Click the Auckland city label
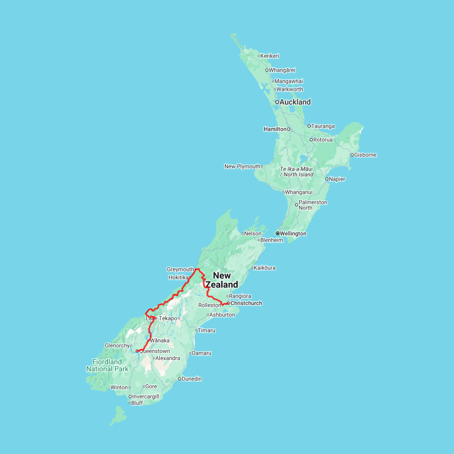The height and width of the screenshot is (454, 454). [x=296, y=102]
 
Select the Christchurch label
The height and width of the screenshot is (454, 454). [x=246, y=303]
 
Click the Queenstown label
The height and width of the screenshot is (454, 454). [x=154, y=351]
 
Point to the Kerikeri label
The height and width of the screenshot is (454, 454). [x=270, y=56]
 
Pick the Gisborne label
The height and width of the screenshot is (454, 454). [x=365, y=155]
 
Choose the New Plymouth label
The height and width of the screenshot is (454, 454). [x=242, y=166]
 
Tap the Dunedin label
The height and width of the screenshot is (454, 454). [x=192, y=379]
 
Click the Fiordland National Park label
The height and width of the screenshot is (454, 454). [x=107, y=365]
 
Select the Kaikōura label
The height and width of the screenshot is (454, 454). [x=265, y=268]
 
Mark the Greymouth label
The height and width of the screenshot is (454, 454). [x=180, y=269]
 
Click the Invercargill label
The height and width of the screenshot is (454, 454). [x=146, y=396]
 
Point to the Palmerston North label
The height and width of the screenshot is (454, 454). [x=313, y=205]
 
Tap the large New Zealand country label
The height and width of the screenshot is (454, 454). [x=221, y=280]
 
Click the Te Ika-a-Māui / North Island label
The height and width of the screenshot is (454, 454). [x=297, y=172]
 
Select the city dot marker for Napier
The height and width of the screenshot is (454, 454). [x=327, y=179]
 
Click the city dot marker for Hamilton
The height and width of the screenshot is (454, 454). [x=289, y=129]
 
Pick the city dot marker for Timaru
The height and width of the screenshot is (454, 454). [x=196, y=330]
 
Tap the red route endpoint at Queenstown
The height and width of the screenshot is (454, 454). [x=137, y=351]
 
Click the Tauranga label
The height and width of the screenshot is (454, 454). [x=323, y=126]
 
